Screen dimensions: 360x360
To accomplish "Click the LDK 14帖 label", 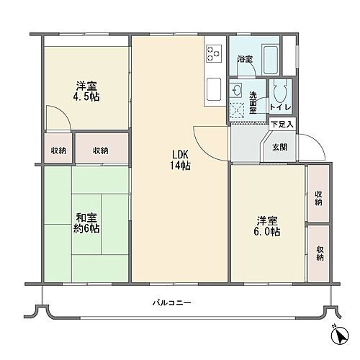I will (x=181, y=159).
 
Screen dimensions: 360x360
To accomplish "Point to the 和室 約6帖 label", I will (x=86, y=222).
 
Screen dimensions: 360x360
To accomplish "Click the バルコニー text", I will (x=171, y=303).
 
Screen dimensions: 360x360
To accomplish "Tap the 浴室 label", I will (x=245, y=59).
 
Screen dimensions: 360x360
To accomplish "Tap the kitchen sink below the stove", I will (x=215, y=90).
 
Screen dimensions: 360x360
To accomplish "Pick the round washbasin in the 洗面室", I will (x=238, y=89).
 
